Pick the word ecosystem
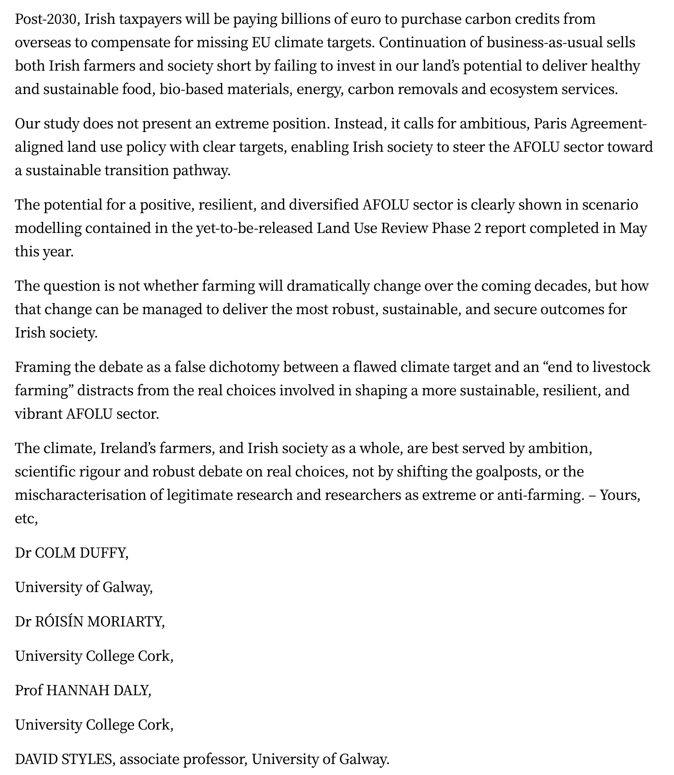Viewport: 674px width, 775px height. (523, 89)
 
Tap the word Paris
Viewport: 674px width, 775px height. (551, 124)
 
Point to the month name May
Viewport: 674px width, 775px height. (633, 228)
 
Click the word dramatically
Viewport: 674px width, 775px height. (328, 286)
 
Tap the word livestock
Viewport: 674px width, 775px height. (621, 367)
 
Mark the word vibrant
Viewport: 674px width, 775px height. (39, 414)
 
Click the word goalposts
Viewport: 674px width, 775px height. (508, 472)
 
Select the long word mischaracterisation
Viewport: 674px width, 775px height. (89, 495)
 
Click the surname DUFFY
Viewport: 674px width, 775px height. (103, 553)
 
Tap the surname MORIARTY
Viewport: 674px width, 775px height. (125, 622)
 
